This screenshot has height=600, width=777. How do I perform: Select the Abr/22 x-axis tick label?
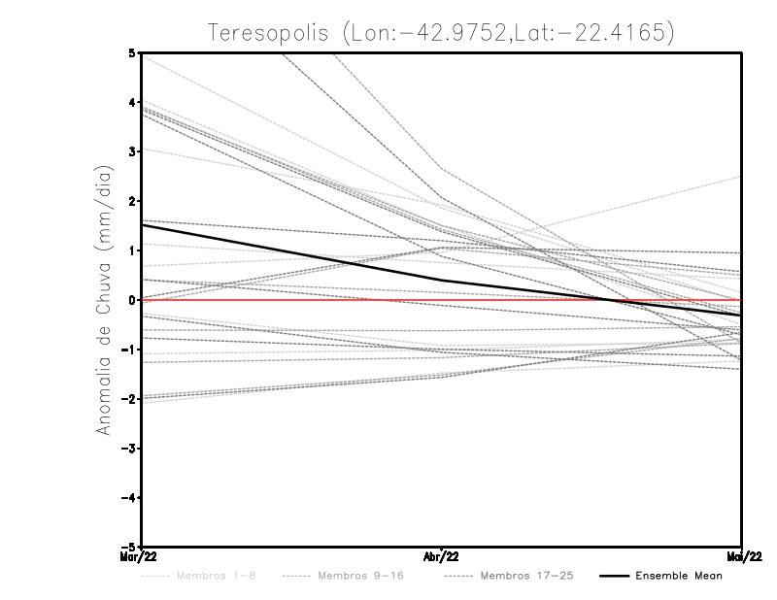(442, 556)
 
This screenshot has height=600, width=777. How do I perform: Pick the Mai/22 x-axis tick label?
(742, 556)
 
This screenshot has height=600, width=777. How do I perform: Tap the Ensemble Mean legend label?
(678, 576)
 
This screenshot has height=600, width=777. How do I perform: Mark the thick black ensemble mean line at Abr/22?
(442, 281)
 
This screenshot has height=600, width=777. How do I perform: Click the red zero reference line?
(291, 300)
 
